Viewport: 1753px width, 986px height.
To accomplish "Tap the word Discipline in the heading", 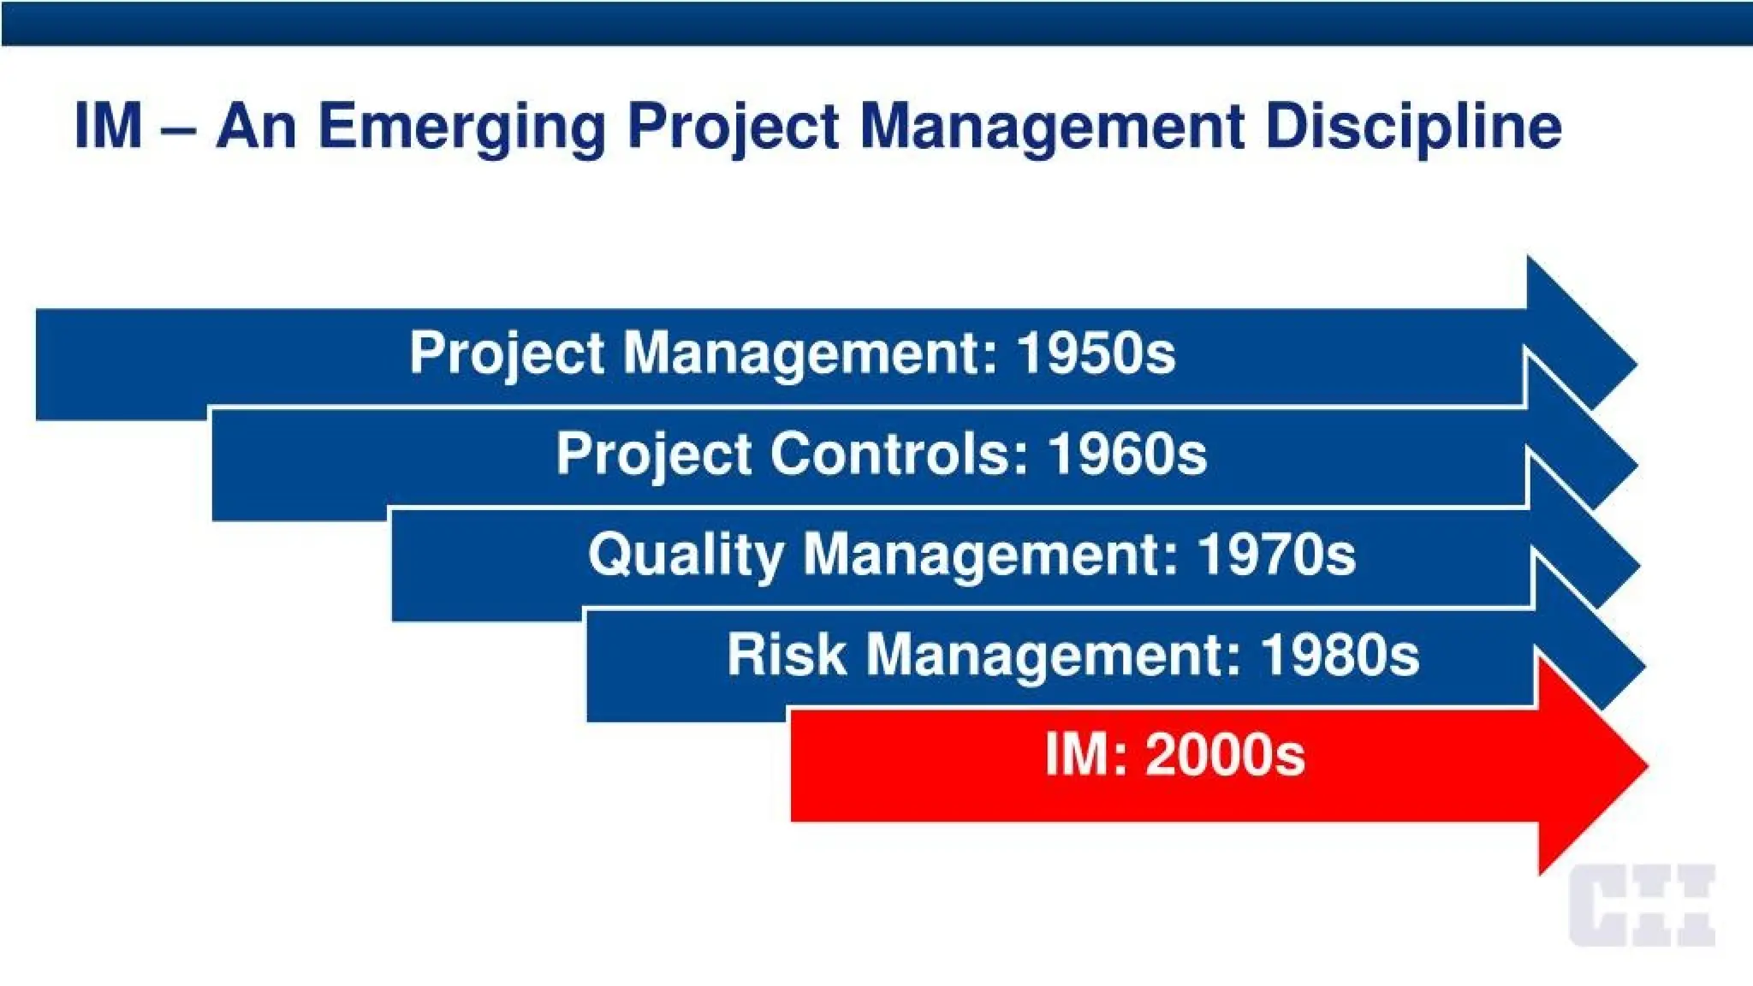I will point(1413,127).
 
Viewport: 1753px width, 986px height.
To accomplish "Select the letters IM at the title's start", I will point(108,127).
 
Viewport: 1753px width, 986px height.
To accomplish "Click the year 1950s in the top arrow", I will point(1096,353).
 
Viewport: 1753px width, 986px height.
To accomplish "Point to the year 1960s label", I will point(1127,454).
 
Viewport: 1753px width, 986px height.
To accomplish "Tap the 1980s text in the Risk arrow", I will point(1340,655).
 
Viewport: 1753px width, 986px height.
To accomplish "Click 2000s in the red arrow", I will point(1225,755).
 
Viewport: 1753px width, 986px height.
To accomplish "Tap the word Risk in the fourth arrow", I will point(787,655).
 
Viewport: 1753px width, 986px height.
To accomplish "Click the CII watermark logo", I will point(1642,906).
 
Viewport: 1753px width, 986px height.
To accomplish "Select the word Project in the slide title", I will point(733,128).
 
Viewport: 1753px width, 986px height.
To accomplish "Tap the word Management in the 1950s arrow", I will point(810,353).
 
